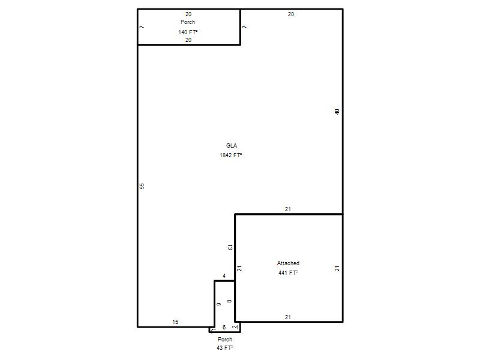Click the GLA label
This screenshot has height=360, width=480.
click(232, 146)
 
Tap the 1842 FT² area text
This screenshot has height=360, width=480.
click(231, 155)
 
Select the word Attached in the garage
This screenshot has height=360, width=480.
click(288, 263)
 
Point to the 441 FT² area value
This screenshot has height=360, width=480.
click(288, 273)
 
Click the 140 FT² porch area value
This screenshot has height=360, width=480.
click(188, 32)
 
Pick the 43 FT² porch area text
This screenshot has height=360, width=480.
click(224, 348)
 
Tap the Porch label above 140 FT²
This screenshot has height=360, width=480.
click(188, 22)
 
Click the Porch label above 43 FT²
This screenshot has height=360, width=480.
click(224, 339)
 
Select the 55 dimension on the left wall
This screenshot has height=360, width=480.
click(142, 186)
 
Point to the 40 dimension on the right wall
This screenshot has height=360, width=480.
click(337, 112)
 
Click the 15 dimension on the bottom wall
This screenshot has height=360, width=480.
click(175, 322)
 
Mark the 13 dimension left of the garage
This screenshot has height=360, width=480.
click(230, 247)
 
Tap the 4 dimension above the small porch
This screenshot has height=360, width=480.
click(224, 276)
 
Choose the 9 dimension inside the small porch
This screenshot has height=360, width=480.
click(219, 304)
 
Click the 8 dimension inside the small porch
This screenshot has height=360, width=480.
click(229, 301)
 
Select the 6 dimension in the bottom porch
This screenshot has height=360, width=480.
click(224, 327)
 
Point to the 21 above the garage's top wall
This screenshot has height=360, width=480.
click(288, 209)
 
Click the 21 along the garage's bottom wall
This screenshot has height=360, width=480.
click(288, 317)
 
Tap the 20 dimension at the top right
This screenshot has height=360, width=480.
click(291, 14)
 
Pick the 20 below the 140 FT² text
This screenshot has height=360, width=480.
click(188, 40)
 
